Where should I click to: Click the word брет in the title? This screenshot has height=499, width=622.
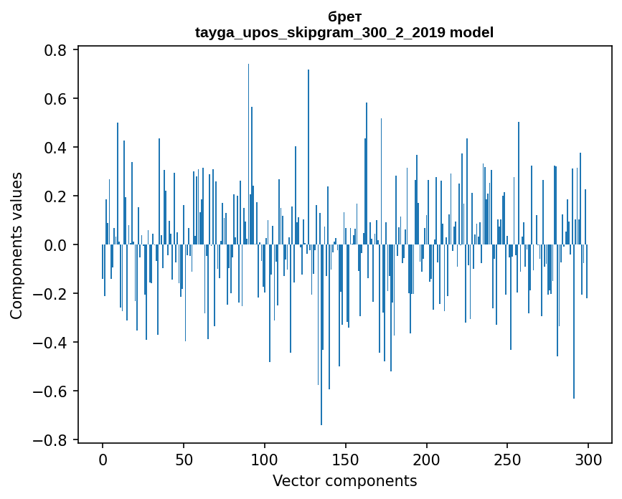344,16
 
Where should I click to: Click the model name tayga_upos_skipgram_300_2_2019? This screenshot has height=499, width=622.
320,32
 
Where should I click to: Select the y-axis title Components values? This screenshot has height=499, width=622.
17,246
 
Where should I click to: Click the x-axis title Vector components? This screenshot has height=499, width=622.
344,481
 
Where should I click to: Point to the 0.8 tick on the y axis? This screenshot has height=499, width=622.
55,50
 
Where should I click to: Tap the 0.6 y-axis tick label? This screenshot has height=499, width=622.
55,99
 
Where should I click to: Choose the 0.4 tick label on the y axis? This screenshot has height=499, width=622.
55,148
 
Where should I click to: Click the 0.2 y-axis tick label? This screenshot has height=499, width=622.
55,196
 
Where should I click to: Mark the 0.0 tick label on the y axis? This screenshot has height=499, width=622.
55,245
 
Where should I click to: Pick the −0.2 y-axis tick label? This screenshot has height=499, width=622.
50,294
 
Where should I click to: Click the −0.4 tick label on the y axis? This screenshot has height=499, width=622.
50,343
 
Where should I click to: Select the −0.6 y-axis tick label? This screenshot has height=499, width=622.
50,391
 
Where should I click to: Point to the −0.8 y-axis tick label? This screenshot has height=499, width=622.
50,440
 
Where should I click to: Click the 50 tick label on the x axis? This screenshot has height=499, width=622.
184,460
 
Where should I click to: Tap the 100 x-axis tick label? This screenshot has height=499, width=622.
265,460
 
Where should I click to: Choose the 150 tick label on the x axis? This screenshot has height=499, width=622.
346,460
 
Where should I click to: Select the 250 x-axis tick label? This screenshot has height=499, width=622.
507,460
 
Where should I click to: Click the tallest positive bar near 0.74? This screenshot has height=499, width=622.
249,154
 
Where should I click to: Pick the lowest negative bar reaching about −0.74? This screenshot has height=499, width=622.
321,335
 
